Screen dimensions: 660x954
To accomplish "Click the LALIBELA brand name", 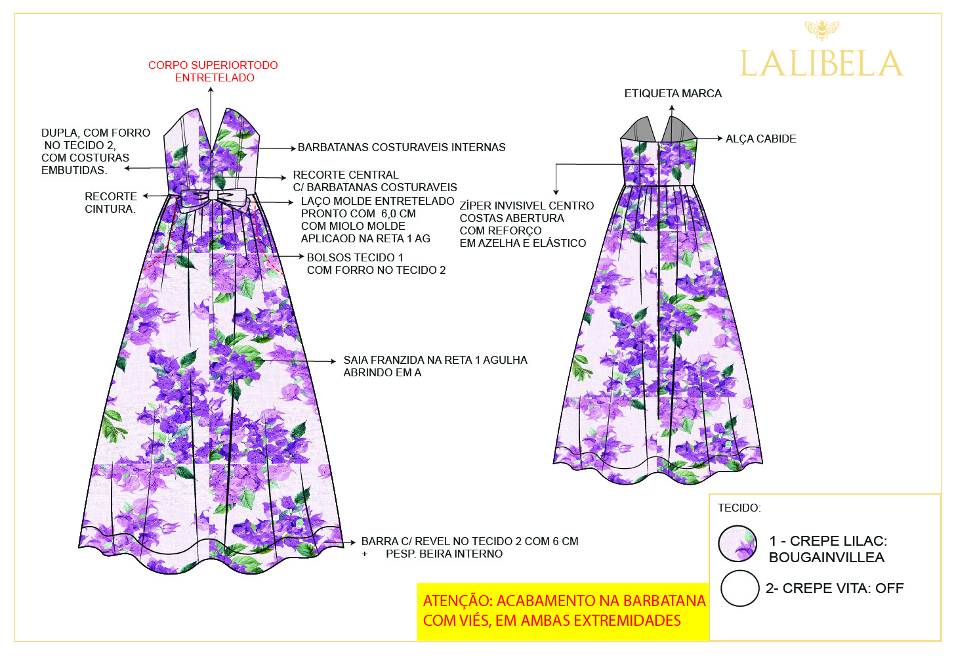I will tap(821, 64).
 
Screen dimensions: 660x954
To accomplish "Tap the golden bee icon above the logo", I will tap(821, 30).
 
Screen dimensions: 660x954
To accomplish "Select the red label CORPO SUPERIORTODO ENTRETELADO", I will tap(213, 71).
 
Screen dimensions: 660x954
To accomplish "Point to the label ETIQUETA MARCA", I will tap(673, 93).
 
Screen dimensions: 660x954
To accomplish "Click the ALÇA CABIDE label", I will tap(760, 139).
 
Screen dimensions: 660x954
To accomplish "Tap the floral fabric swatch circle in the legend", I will tap(738, 544).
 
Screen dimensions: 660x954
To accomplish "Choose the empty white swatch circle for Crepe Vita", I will tap(739, 588).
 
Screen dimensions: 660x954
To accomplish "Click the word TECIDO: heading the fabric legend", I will tap(739, 508).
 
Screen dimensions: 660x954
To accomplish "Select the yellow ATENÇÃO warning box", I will tap(563, 611).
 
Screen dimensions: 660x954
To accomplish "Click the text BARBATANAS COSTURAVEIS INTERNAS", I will tap(402, 147).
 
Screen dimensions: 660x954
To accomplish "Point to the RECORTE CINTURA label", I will tap(110, 202).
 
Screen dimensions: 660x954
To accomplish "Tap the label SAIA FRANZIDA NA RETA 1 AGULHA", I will tap(435, 360).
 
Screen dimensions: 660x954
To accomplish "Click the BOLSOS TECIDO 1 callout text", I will tap(355, 257).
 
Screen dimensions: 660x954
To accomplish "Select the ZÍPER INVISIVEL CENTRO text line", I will tap(526, 206).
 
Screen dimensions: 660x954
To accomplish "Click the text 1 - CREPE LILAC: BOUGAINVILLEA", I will tap(827, 549).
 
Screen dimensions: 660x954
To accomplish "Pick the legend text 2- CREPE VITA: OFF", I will tap(835, 588).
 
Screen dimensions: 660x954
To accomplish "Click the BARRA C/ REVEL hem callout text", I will tap(469, 541).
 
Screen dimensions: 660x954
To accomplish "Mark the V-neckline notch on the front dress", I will tap(211, 146).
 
